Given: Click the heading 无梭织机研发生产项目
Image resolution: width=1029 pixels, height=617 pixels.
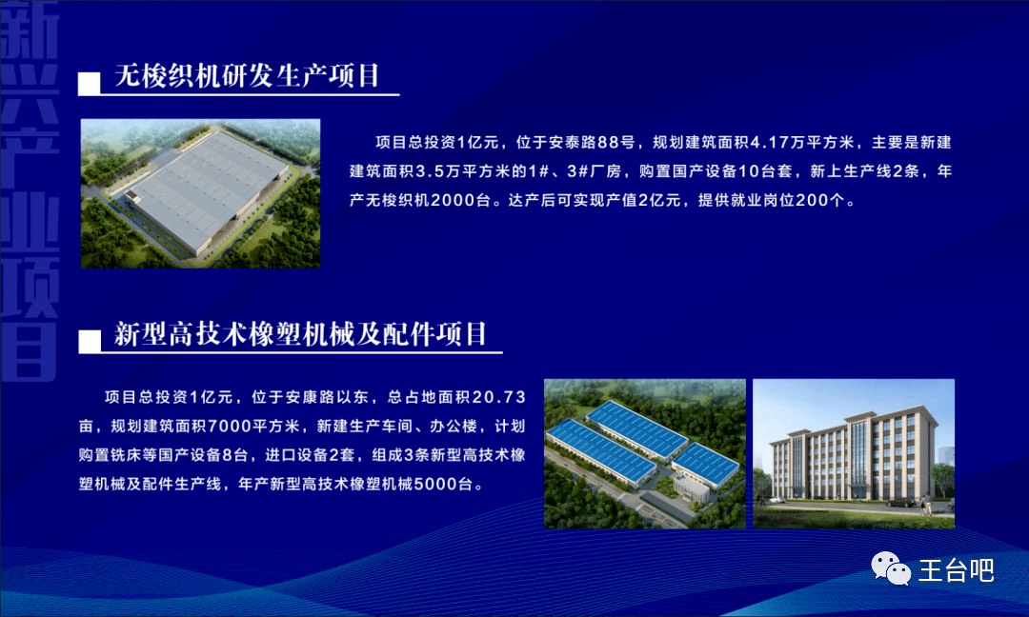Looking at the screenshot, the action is coord(247,75).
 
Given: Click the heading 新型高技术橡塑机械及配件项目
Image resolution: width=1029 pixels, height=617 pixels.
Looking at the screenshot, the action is coord(300,334).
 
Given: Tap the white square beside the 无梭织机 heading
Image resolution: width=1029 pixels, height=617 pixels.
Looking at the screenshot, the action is coord(90,84).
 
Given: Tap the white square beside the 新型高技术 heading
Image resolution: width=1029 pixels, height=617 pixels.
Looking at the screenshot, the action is coord(90,342).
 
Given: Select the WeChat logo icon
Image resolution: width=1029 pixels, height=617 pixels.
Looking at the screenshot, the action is coord(891,567).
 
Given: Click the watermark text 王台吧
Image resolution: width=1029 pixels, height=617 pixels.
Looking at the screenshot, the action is coord(956,570).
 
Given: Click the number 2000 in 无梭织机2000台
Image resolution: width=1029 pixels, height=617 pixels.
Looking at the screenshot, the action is coord(454,200).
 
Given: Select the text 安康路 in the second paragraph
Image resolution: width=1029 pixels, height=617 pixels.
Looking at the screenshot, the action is coord(309,397).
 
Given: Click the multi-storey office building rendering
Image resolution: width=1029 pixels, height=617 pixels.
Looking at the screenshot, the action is coord(853,458).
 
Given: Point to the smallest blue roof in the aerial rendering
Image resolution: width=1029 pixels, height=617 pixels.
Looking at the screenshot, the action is coord(706,465).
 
